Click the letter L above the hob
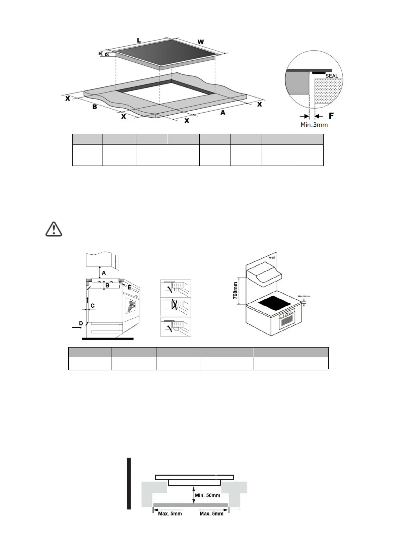tap(139, 40)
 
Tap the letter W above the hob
tap(200, 42)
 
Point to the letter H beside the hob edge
tap(100, 53)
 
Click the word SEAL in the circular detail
tap(332, 76)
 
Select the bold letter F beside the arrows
tap(331, 116)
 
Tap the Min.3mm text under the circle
tap(314, 125)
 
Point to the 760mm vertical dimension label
tap(236, 290)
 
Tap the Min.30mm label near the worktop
tap(304, 296)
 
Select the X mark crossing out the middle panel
tap(175, 306)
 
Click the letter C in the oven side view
tap(93, 306)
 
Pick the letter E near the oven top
tap(129, 288)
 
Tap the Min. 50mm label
tap(208, 495)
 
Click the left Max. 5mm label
tap(170, 513)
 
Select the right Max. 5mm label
tap(211, 513)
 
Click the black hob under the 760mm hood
tap(274, 304)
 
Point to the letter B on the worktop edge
tap(95, 107)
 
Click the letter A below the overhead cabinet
tap(104, 273)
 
